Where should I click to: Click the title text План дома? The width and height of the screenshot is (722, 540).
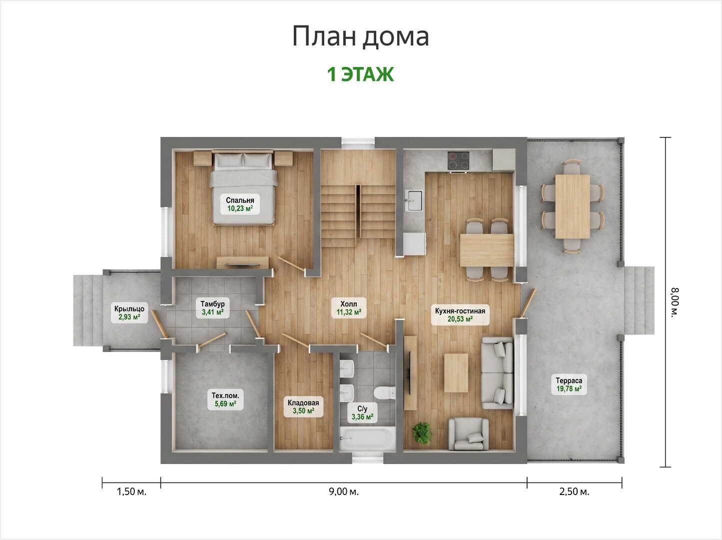[x=361, y=36]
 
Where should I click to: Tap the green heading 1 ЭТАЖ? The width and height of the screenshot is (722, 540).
[x=361, y=74]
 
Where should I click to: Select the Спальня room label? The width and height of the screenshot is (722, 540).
[x=240, y=204]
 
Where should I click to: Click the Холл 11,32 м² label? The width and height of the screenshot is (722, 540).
[x=349, y=307]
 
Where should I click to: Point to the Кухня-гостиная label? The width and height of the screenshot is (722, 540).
[x=460, y=314]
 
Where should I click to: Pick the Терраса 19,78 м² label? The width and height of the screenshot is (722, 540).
[x=569, y=384]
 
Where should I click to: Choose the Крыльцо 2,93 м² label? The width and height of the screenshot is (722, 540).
[x=129, y=312]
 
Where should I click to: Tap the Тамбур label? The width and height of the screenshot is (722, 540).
[x=212, y=307]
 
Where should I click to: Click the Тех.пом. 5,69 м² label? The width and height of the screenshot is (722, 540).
[x=225, y=399]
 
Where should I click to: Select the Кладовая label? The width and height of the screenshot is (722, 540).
[x=303, y=406]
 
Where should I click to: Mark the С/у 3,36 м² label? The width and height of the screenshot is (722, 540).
[x=362, y=412]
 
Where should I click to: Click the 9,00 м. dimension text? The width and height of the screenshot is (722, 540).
[x=344, y=491]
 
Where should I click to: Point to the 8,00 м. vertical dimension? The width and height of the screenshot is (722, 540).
[x=675, y=302]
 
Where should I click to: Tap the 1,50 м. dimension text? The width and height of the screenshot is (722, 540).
[x=131, y=491]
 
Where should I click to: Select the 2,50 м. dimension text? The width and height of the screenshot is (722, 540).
[x=574, y=491]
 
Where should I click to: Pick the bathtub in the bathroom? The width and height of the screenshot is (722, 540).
[x=367, y=439]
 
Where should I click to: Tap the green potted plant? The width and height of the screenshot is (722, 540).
[x=421, y=433]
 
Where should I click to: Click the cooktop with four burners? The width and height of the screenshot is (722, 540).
[x=459, y=161]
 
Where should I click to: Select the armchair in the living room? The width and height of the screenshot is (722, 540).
[x=469, y=433]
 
